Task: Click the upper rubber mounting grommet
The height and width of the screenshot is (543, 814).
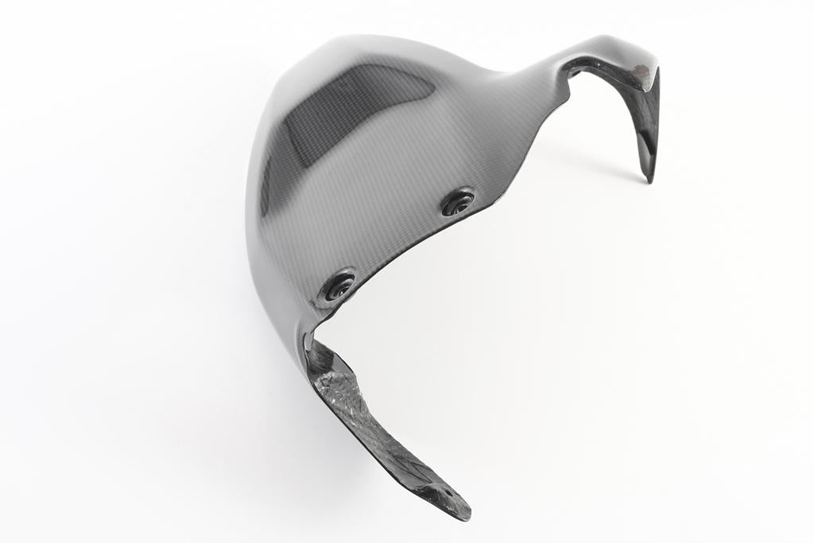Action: tap(458, 202)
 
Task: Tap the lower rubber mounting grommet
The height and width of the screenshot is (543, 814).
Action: tap(339, 285)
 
